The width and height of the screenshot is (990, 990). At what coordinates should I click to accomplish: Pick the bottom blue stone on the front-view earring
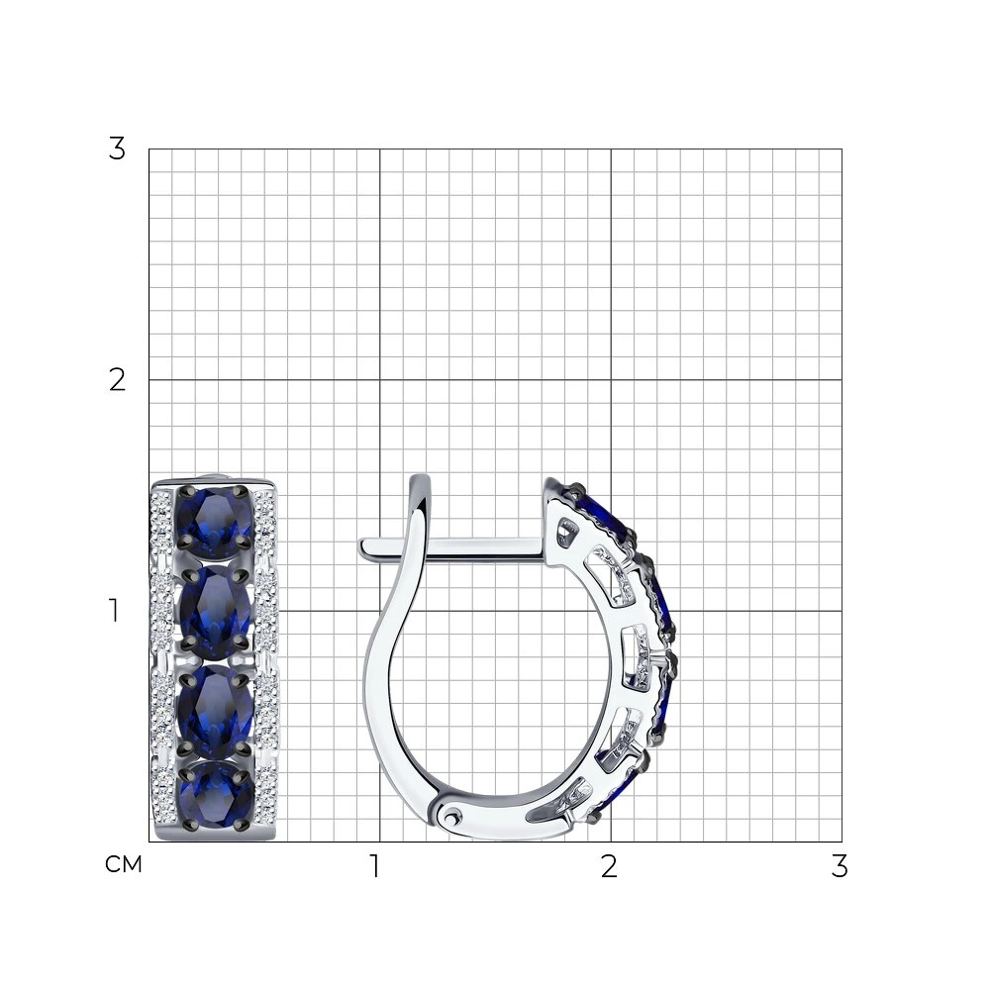[x=215, y=797]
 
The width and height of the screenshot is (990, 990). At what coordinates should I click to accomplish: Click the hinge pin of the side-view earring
[x=450, y=818]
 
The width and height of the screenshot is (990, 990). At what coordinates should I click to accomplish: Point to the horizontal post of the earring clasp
[x=452, y=547]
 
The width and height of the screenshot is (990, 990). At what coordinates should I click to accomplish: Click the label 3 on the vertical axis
[x=117, y=149]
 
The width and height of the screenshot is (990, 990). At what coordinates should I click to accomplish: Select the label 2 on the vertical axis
[x=117, y=380]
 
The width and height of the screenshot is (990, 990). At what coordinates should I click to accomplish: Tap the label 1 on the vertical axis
[x=114, y=611]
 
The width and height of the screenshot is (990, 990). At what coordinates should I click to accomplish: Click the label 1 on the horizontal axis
[x=375, y=866]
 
